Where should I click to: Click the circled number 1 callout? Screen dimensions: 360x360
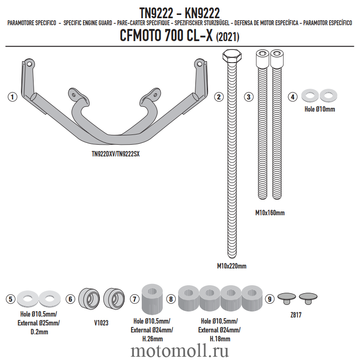[x=13, y=97]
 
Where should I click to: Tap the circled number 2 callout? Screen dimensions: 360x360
[x=219, y=97]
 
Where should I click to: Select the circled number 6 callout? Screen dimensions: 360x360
[x=70, y=299]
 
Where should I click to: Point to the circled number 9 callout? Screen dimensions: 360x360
[x=270, y=299]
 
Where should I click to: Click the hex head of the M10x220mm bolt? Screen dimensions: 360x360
[x=232, y=56]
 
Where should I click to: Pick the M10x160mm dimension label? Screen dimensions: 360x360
[x=270, y=213]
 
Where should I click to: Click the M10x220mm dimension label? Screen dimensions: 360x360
[x=232, y=266]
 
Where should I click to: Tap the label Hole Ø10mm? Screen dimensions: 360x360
[x=319, y=109]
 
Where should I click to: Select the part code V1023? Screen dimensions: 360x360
[x=101, y=323]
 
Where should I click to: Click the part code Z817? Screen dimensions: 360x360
[x=296, y=315]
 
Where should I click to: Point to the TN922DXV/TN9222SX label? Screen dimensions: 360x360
[x=116, y=154]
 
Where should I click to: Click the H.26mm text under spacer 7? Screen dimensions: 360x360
[x=152, y=339]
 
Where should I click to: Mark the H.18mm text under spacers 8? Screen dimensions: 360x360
[x=220, y=339]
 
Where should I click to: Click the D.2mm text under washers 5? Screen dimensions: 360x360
[x=39, y=332]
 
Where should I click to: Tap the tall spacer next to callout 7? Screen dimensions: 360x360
[x=152, y=299]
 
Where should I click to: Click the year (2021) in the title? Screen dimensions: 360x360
[x=228, y=37]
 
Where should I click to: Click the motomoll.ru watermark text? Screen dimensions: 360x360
[x=180, y=351]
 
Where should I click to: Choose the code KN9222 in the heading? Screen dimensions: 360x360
[x=202, y=13]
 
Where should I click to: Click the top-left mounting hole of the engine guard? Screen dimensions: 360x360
[x=29, y=64]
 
